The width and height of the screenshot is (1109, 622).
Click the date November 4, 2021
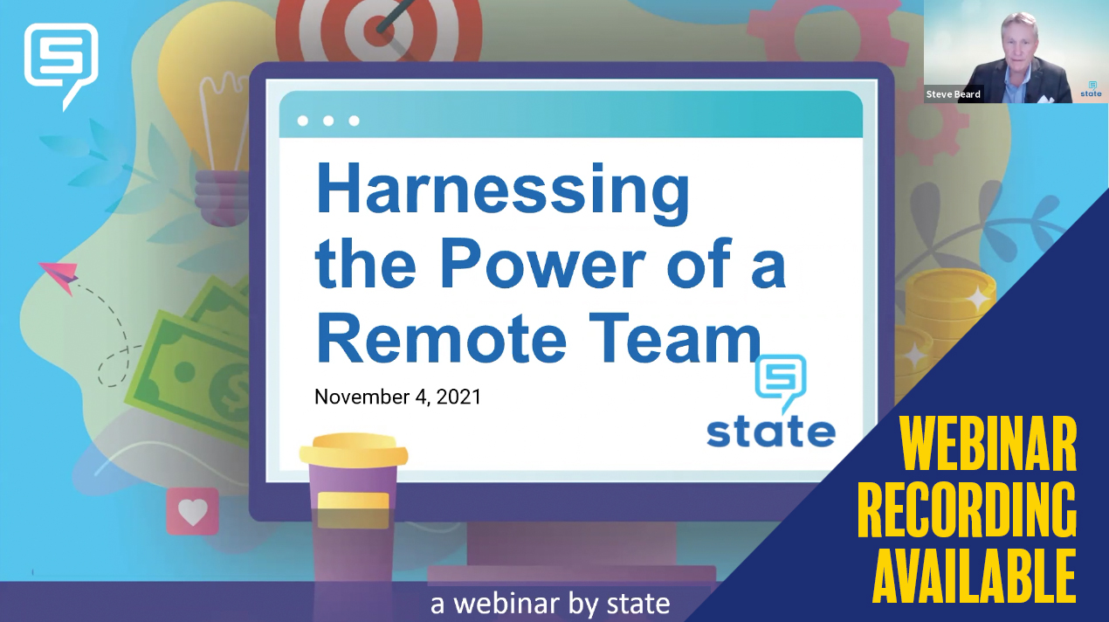[x=397, y=397]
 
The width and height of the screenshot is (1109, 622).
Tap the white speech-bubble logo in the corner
[x=60, y=61]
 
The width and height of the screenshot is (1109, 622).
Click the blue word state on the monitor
[x=770, y=432]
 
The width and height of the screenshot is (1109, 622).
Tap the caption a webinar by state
[x=550, y=604]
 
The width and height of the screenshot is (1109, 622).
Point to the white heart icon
[x=192, y=512]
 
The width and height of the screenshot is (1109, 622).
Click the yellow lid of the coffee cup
[x=354, y=453]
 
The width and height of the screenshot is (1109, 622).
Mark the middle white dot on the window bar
[x=328, y=121]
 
